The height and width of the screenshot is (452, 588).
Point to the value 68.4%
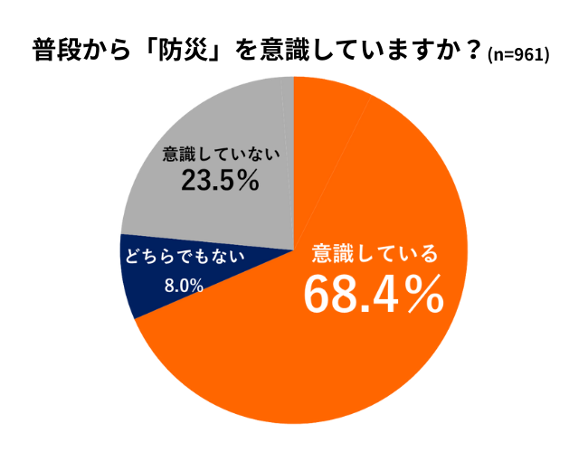(373, 293)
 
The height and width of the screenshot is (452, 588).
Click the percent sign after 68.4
(423, 294)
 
